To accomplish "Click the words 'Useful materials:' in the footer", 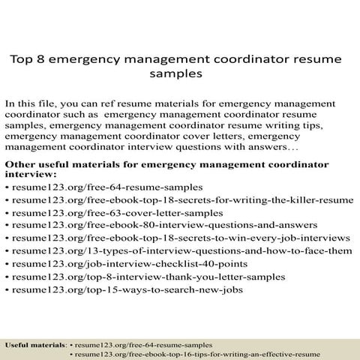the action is coord(36,344).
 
